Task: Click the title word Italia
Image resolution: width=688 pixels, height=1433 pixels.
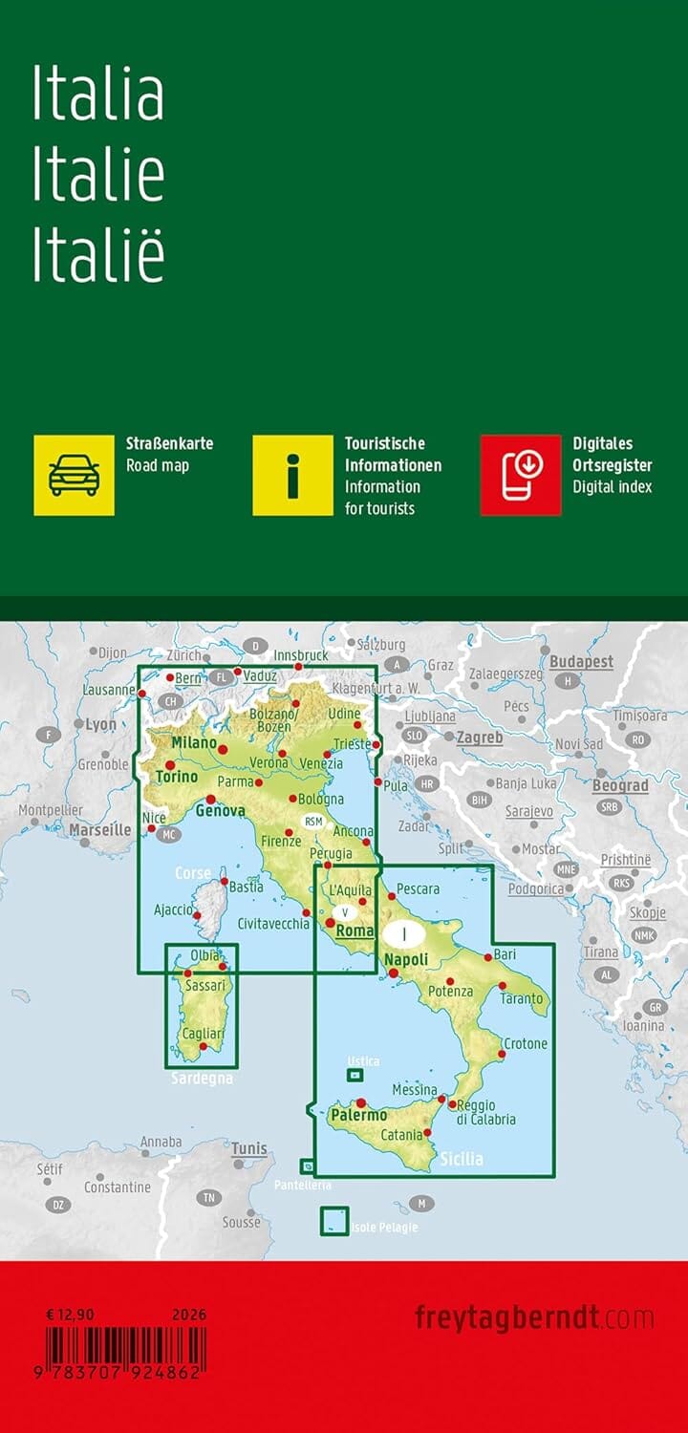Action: (98, 96)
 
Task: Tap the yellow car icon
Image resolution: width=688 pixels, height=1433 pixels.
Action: (74, 475)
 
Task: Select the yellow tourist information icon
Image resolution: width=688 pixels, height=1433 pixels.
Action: (292, 475)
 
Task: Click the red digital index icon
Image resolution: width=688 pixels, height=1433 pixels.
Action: (520, 475)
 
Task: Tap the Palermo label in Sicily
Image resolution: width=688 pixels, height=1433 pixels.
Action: (359, 1115)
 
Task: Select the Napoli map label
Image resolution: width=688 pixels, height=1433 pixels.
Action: (406, 961)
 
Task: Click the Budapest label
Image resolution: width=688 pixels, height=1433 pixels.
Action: (581, 661)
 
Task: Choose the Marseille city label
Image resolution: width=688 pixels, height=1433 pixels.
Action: (99, 829)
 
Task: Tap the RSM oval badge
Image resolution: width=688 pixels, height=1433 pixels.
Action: (314, 821)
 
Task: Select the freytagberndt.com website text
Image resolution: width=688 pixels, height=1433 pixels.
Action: (534, 1318)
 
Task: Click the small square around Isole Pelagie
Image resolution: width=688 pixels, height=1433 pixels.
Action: (333, 1221)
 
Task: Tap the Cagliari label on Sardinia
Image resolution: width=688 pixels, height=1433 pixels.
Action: (204, 1035)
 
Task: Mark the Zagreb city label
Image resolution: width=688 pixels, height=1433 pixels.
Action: (479, 738)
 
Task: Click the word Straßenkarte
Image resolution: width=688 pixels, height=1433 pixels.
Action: (169, 443)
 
